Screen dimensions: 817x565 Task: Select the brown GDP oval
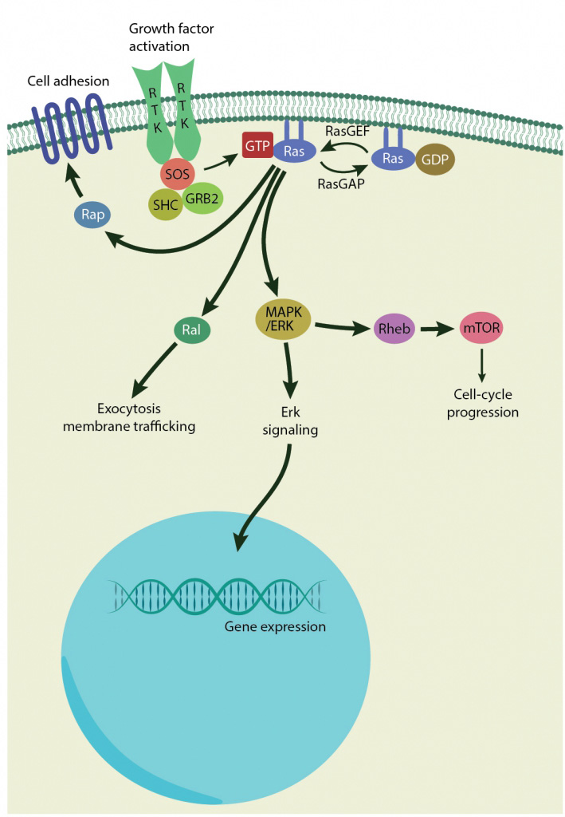tap(434, 159)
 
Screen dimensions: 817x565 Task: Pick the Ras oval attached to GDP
tap(391, 158)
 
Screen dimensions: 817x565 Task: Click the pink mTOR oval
tap(481, 327)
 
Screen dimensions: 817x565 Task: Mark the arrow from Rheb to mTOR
tap(437, 328)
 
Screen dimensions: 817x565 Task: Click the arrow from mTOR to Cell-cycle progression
tap(481, 365)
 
